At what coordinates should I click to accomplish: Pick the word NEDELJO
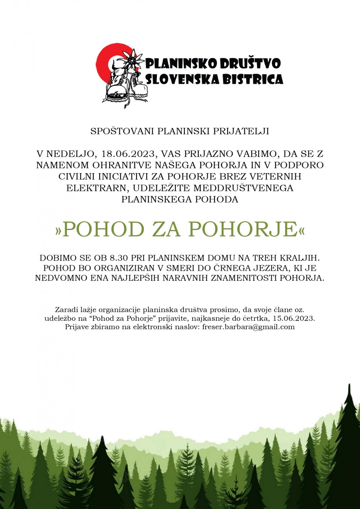coord(71,154)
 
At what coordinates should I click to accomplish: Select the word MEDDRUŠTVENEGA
coord(243,188)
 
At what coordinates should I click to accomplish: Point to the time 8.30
coord(119,258)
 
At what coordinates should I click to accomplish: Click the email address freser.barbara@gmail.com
coord(248,327)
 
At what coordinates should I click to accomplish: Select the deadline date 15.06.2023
coord(293,319)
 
